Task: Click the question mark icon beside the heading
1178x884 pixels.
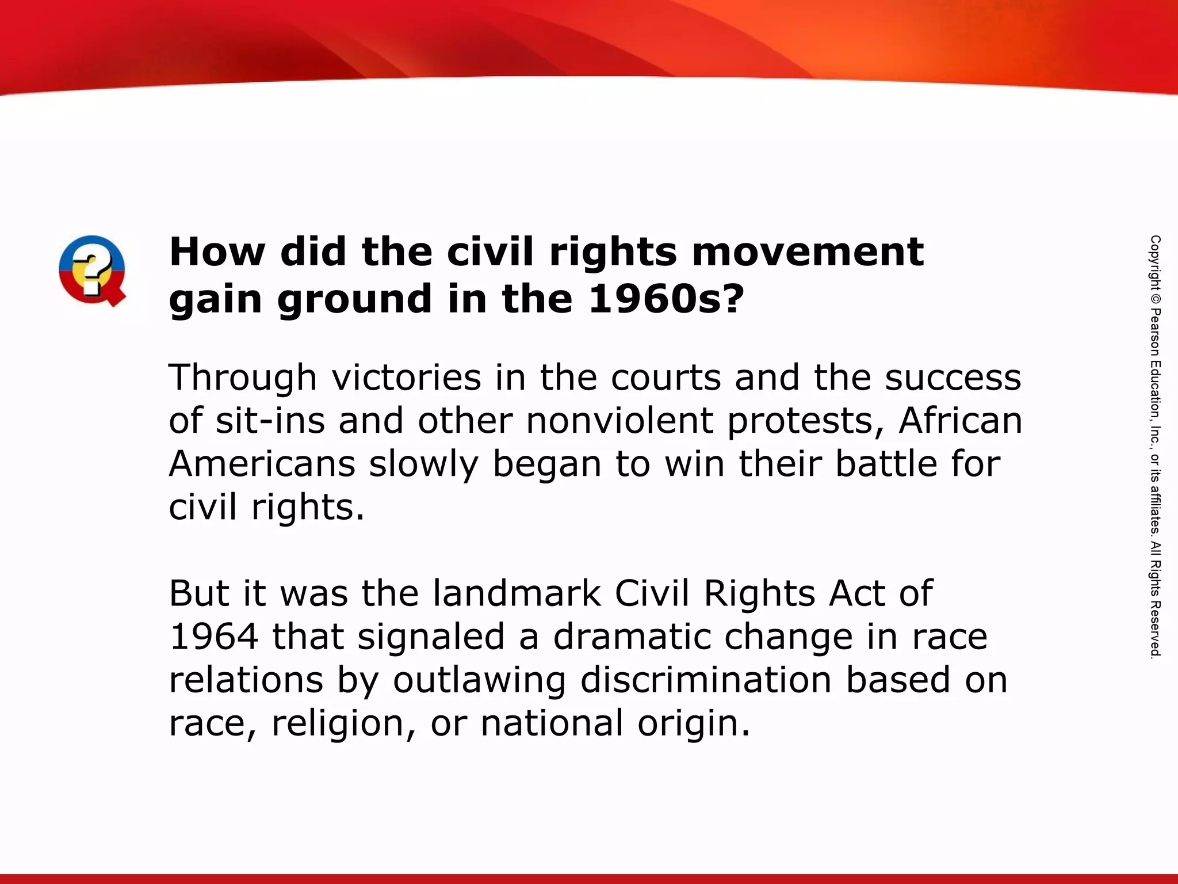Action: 92,270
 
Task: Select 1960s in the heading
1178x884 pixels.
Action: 666,299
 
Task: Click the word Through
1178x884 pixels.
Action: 242,378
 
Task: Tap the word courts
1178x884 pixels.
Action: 666,378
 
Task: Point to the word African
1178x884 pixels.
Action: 961,421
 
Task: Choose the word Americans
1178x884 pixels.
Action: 262,464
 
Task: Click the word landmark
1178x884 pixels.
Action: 517,593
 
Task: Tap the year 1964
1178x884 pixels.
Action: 214,637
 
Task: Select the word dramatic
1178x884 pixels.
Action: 632,637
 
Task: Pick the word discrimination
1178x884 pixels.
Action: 706,680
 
